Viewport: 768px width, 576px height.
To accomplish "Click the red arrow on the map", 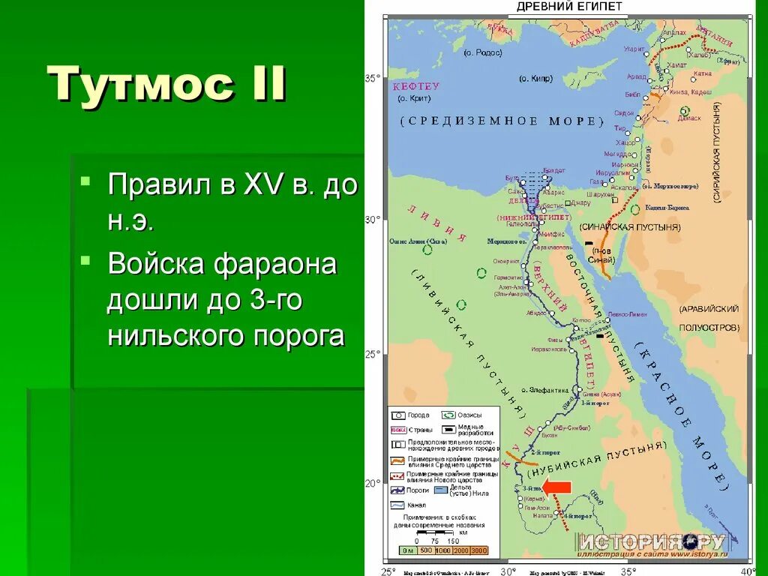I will (556, 487).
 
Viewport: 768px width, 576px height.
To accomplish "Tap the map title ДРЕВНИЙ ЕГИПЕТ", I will (569, 7).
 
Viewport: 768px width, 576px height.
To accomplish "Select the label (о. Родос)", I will (481, 52).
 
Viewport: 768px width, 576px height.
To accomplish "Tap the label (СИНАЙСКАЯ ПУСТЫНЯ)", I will (630, 226).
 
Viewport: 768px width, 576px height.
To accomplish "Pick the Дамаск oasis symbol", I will (684, 110).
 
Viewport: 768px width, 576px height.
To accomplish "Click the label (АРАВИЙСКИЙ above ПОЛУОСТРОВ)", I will (709, 309).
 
